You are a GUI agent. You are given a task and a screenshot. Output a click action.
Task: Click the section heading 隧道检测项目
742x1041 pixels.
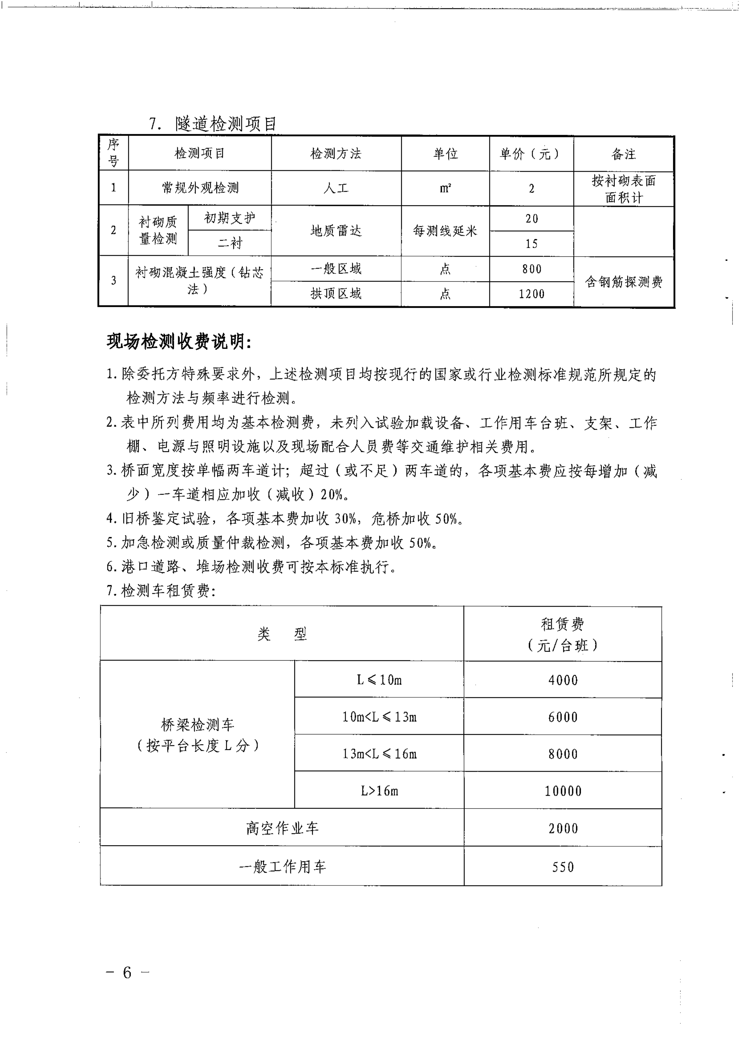click(226, 124)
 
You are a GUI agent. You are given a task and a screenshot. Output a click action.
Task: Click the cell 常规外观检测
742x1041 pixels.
click(200, 188)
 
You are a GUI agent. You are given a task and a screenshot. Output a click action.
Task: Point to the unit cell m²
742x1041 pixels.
click(445, 188)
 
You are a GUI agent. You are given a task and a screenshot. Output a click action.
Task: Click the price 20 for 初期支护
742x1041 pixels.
click(531, 219)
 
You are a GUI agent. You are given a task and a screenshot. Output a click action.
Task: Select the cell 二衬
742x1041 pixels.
click(229, 243)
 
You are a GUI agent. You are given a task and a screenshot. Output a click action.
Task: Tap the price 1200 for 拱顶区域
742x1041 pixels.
click(531, 294)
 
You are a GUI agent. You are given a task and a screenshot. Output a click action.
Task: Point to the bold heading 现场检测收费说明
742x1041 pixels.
click(179, 342)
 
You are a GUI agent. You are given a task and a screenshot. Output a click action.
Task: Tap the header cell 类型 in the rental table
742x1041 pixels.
click(282, 634)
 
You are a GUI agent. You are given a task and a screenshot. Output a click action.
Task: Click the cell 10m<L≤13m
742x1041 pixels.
click(379, 717)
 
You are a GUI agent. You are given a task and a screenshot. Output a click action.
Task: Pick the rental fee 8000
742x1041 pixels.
click(563, 754)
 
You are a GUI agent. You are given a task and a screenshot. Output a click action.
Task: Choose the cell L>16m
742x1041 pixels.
click(379, 791)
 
